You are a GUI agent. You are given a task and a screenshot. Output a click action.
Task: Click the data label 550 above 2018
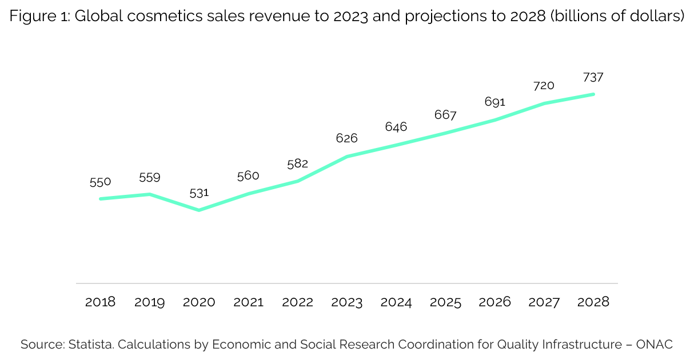tap(100, 182)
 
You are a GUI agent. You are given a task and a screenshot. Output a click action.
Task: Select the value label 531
tap(199, 193)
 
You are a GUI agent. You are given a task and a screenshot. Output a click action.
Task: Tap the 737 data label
tap(593, 77)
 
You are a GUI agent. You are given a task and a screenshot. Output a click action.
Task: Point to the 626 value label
tap(346, 138)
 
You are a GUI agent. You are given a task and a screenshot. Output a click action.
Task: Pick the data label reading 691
tap(494, 102)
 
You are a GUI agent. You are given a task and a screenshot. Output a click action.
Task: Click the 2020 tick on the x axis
tap(199, 302)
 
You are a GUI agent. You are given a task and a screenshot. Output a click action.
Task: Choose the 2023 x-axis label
tap(346, 302)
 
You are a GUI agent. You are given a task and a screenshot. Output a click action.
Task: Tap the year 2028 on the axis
tap(593, 302)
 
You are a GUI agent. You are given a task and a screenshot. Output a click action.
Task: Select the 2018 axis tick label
tap(100, 302)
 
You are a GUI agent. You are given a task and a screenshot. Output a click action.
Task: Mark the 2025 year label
tap(445, 302)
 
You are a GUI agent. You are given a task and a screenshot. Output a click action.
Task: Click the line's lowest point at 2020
tap(199, 210)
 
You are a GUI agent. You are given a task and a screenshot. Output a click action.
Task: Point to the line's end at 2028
tap(593, 94)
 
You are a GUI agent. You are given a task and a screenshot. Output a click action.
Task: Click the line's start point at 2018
tap(101, 199)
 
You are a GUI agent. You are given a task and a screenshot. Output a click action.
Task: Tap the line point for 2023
tap(347, 156)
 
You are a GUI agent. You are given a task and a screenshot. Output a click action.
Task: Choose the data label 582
tap(297, 163)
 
